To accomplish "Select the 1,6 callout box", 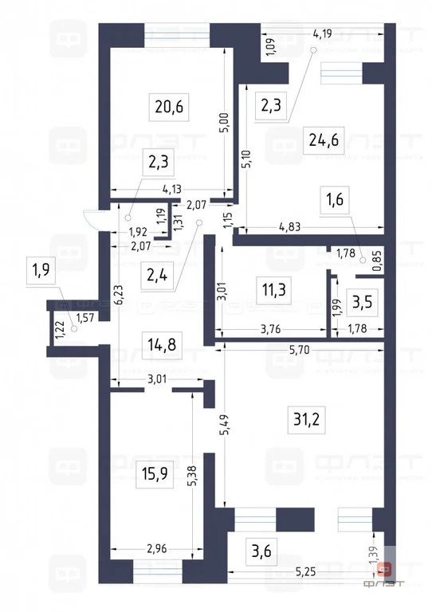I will pos(334,199).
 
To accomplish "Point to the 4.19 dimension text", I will pos(323,33).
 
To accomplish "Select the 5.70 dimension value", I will pos(299,350).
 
